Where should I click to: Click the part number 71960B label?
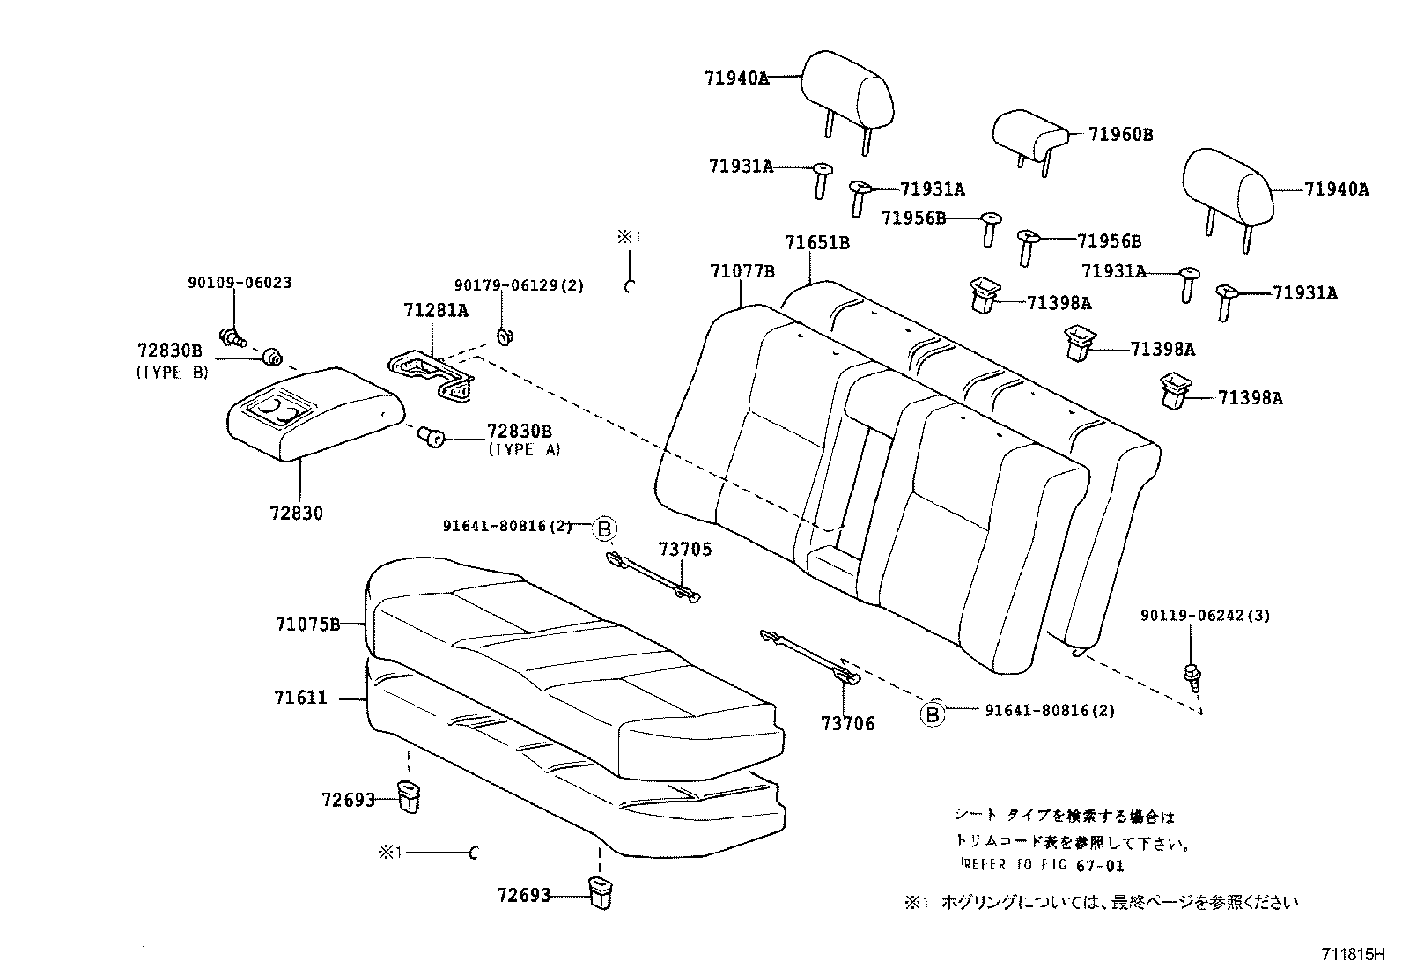pyautogui.click(x=1120, y=135)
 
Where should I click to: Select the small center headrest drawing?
pyautogui.click(x=1027, y=134)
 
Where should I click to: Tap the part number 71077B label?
pyautogui.click(x=742, y=271)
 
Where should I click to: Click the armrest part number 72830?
pyautogui.click(x=297, y=513)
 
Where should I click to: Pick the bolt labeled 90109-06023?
pyautogui.click(x=233, y=336)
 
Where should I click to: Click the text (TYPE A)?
pyautogui.click(x=524, y=450)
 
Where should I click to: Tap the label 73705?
pyautogui.click(x=684, y=550)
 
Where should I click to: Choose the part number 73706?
pyautogui.click(x=847, y=724)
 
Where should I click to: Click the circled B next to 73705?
pyautogui.click(x=604, y=528)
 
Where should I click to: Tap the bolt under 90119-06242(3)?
pyautogui.click(x=1192, y=675)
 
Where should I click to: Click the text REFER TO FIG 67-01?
pyautogui.click(x=1040, y=866)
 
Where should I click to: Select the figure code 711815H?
pyautogui.click(x=1353, y=954)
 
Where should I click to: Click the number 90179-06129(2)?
pyautogui.click(x=519, y=286)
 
